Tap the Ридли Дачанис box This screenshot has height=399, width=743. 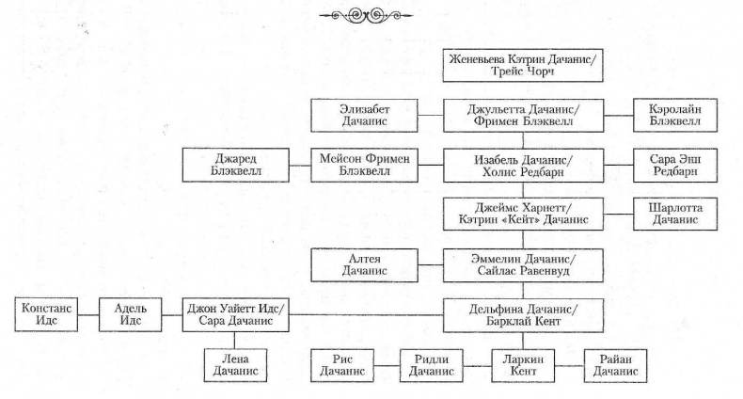point(433,364)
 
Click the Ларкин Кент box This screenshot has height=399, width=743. point(524,364)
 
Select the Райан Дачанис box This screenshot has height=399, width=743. point(615,364)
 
